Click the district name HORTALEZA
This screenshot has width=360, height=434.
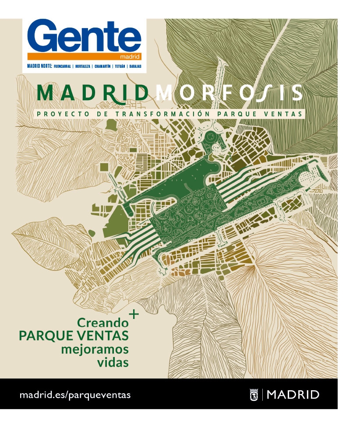coord(83,66)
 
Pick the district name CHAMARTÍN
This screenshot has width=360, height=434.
coord(102,66)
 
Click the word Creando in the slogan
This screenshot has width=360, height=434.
coord(103,323)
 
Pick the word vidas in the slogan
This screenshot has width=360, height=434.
coord(113,363)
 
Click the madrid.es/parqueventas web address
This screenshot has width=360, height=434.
coord(75,394)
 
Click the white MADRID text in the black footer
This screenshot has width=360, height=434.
coord(293,394)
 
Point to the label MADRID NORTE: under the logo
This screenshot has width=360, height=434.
coord(39,66)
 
